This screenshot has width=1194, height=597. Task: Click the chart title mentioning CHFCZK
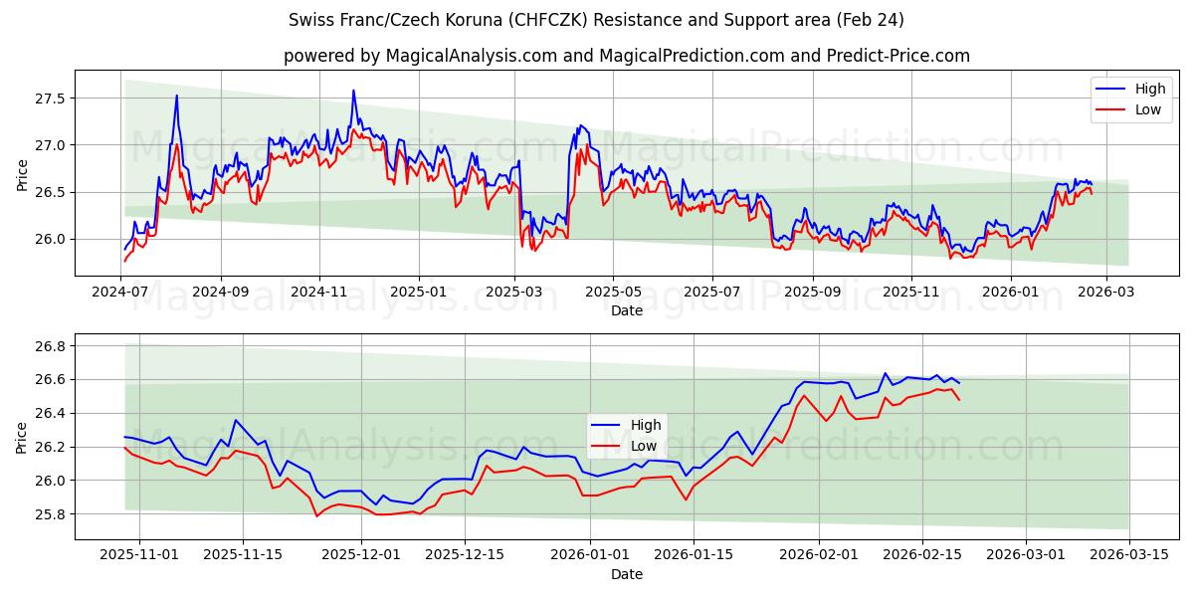pos(596,20)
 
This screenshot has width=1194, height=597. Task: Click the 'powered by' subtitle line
pos(626,56)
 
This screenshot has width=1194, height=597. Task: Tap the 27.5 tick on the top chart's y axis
pos(49,99)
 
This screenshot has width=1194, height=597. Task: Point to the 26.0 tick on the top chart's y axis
pos(49,239)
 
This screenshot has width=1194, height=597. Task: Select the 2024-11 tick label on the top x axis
pos(318,293)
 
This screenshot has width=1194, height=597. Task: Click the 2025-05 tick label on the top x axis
pos(613,293)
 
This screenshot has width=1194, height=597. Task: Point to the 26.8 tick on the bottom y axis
pos(49,346)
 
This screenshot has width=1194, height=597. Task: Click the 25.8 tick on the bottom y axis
pos(49,514)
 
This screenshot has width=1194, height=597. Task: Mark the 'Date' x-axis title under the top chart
pos(626,310)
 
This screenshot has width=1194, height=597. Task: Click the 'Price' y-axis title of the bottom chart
pos(22,437)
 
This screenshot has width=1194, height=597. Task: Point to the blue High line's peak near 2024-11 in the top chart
pos(353,91)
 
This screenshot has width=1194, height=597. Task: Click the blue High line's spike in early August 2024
pos(177,96)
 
